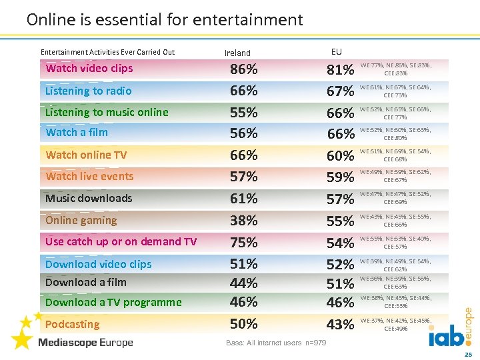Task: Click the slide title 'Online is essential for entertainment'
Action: click(165, 20)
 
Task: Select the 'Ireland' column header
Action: click(237, 53)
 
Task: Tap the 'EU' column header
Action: click(336, 51)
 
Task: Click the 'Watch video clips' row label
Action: click(89, 68)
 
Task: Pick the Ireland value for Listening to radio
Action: click(243, 91)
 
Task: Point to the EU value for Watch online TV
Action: click(340, 155)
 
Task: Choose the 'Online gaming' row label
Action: click(81, 220)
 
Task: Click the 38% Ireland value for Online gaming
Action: click(243, 221)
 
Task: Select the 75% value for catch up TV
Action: click(243, 242)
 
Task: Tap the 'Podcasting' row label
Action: click(72, 324)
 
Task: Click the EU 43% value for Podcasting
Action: click(340, 325)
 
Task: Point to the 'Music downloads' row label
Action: click(89, 198)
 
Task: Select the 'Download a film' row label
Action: click(85, 282)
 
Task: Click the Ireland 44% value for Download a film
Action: click(243, 283)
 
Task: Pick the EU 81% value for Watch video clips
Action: click(340, 69)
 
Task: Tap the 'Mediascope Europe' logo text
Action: click(85, 343)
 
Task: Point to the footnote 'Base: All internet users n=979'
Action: click(276, 343)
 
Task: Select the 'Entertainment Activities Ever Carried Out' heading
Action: click(107, 52)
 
